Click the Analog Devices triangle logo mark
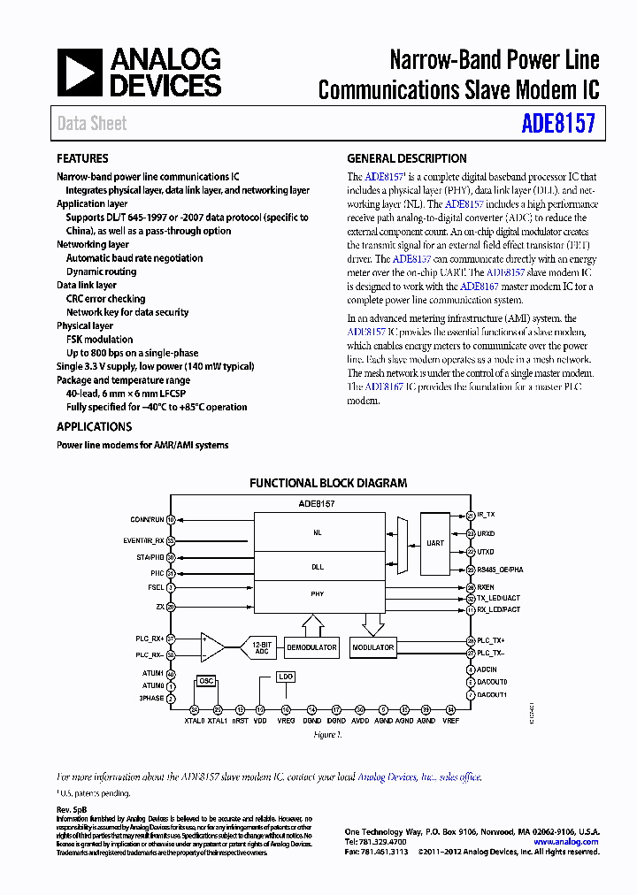[x=81, y=73]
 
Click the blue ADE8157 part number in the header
[x=558, y=123]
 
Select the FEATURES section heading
[x=83, y=159]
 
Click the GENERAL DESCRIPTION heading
[x=407, y=159]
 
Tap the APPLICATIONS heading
[x=95, y=426]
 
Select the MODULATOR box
[x=372, y=647]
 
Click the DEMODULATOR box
[x=311, y=647]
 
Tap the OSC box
[x=206, y=680]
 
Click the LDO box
[x=285, y=677]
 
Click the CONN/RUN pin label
[x=147, y=519]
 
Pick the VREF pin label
[x=451, y=722]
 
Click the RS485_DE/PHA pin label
[x=500, y=570]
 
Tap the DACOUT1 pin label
[x=492, y=694]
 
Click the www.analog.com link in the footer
[x=566, y=842]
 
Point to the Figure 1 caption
[x=326, y=735]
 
